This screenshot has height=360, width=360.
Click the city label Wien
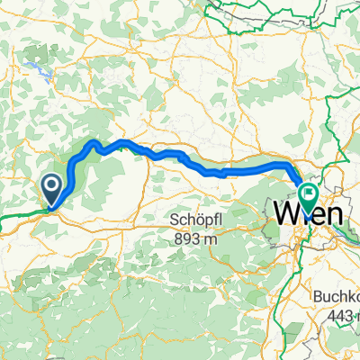(307, 215)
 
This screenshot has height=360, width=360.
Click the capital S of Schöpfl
(175, 220)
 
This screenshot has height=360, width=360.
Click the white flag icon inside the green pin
(310, 192)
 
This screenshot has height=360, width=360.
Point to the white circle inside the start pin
(51, 187)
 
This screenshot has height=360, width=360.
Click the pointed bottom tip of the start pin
(51, 208)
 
